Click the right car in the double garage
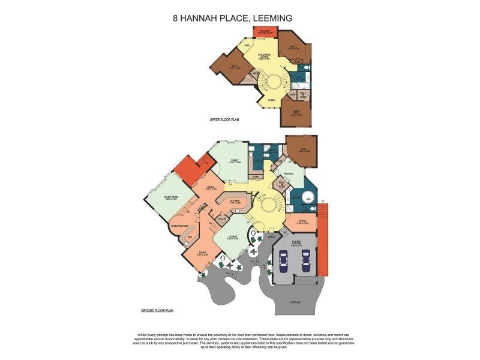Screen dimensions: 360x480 click(x=306, y=260)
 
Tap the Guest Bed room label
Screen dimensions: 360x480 click(x=296, y=112)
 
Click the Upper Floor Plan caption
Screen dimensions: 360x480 click(x=224, y=120)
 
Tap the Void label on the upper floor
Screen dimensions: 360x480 click(x=247, y=46)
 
